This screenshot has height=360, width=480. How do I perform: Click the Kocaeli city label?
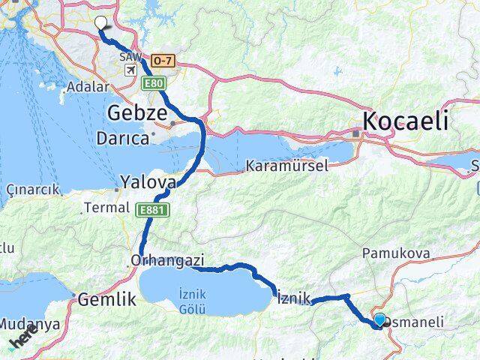tap(405, 121)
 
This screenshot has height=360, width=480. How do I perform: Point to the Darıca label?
tap(122, 139)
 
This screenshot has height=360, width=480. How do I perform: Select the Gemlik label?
tap(106, 298)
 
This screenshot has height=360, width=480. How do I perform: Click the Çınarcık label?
tap(31, 190)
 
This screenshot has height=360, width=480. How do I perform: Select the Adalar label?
tap(88, 86)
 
